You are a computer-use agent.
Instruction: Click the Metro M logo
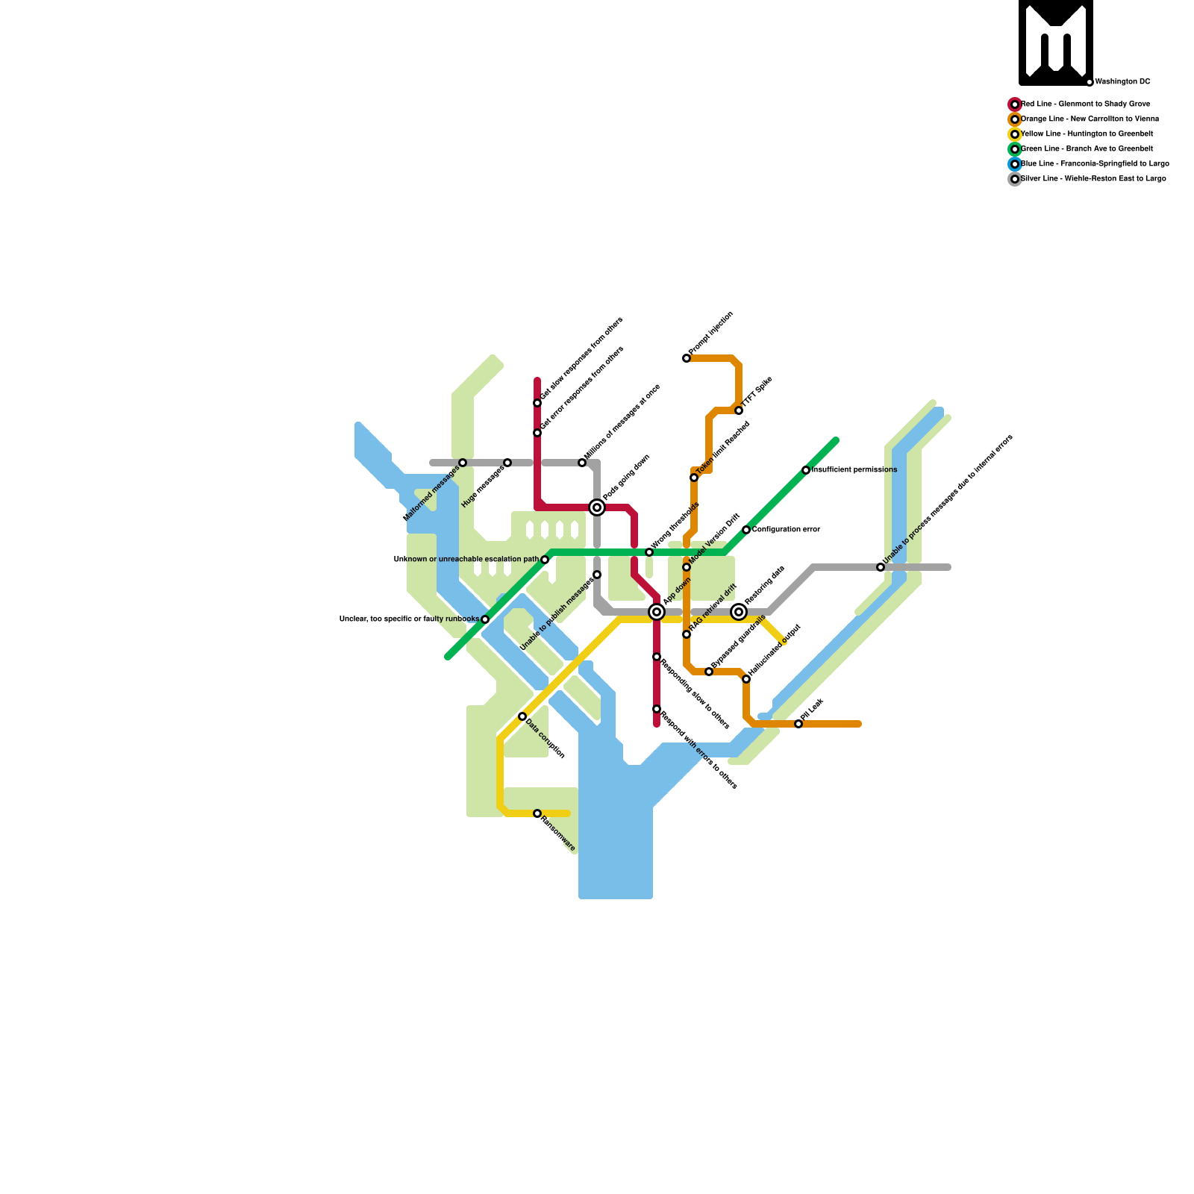pos(1056,42)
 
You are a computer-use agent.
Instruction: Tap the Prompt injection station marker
pos(687,359)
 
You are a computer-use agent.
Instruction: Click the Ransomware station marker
pos(537,813)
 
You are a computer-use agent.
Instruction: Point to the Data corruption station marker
pos(522,716)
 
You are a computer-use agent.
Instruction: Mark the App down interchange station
pos(657,612)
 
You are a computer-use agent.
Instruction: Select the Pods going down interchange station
pos(597,507)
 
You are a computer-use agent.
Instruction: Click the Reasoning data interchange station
pos(739,612)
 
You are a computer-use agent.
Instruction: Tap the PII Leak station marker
pos(798,724)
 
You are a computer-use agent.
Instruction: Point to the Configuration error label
pos(786,530)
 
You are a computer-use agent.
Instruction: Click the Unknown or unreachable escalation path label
pos(466,559)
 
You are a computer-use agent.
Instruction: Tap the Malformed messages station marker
pos(463,463)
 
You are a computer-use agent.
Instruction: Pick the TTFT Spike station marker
pos(739,410)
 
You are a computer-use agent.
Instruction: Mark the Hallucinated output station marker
pos(746,679)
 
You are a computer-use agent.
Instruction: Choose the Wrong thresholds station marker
pos(649,552)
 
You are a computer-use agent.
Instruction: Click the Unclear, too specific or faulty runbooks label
pos(409,619)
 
